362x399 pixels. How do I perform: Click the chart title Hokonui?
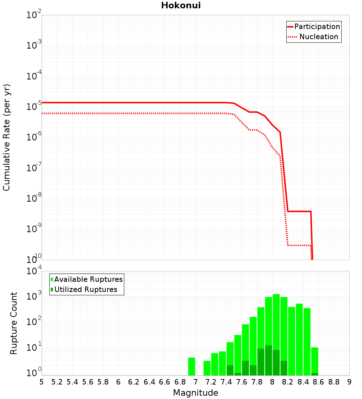tap(181, 5)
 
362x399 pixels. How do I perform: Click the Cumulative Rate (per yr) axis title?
tap(7, 137)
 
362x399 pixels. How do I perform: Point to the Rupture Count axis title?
tap(14, 323)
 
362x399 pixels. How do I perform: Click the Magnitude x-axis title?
tap(195, 393)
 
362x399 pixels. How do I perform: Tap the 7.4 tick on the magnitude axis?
tap(226, 382)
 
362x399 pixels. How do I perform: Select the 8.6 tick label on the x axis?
tap(319, 382)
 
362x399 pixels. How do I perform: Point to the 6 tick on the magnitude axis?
tap(118, 382)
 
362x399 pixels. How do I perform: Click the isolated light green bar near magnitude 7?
tap(191, 366)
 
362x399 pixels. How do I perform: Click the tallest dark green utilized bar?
tap(268, 361)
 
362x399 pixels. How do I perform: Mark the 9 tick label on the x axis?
tap(349, 382)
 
